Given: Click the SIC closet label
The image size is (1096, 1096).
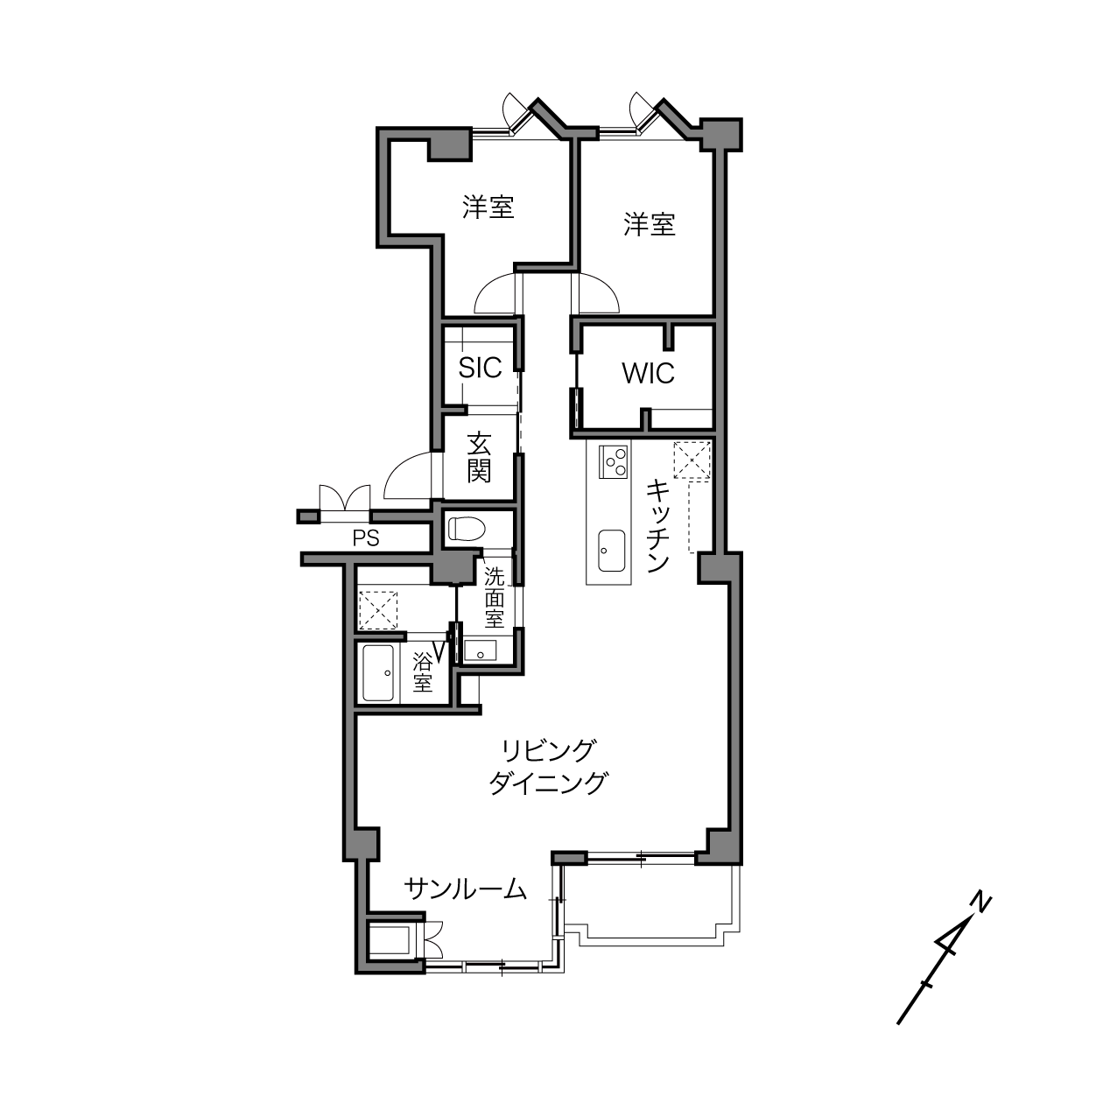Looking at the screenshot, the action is [x=480, y=368].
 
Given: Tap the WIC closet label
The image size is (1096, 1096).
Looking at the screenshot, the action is [x=648, y=374].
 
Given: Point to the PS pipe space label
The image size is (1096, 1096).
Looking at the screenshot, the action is [x=366, y=538].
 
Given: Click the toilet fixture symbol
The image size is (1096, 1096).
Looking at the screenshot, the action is [x=467, y=529].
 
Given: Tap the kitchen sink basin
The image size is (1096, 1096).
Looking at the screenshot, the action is [x=611, y=551].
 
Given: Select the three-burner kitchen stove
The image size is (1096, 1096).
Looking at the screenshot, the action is [x=613, y=462].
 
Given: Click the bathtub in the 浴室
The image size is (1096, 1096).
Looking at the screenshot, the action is [x=378, y=673].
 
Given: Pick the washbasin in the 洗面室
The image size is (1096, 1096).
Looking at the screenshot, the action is [x=481, y=650].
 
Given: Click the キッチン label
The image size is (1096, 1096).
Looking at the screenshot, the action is [x=658, y=526].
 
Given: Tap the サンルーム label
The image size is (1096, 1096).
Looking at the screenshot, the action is [x=465, y=889].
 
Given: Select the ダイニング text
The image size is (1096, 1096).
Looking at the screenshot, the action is [x=548, y=783].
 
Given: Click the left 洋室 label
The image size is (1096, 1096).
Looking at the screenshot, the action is [x=488, y=207].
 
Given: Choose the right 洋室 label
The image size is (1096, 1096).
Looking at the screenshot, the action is [x=649, y=225].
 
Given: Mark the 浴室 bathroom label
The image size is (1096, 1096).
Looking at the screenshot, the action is [x=423, y=672].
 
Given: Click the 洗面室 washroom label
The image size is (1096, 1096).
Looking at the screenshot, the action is [x=495, y=598].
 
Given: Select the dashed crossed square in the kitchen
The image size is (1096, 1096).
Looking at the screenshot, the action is [x=692, y=460].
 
